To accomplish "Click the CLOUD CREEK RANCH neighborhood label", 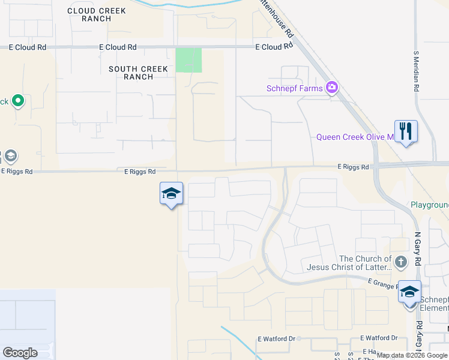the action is click(x=97, y=14).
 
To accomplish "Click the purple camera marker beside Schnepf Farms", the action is click(x=332, y=88).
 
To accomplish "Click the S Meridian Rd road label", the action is click(x=416, y=70).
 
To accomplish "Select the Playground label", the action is click(x=430, y=205).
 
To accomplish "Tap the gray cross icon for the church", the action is click(x=402, y=262).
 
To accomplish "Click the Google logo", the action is click(x=20, y=353).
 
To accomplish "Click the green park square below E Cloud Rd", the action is click(x=188, y=60).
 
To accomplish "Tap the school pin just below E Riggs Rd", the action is click(x=171, y=193).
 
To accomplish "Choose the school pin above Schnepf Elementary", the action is click(x=409, y=292).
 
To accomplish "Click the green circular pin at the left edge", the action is click(x=17, y=101).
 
